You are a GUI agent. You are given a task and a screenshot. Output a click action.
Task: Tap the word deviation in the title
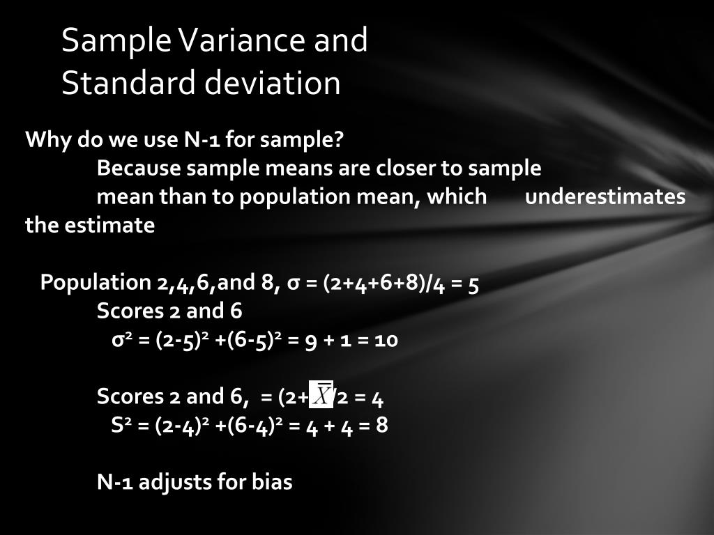(x=273, y=83)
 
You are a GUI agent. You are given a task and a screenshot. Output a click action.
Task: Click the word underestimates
(x=605, y=197)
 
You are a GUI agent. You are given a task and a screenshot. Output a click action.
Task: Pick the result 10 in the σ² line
(x=386, y=340)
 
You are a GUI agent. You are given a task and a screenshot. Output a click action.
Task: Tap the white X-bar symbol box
(x=321, y=396)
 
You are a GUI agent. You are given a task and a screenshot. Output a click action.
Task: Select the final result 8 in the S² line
(x=382, y=425)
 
